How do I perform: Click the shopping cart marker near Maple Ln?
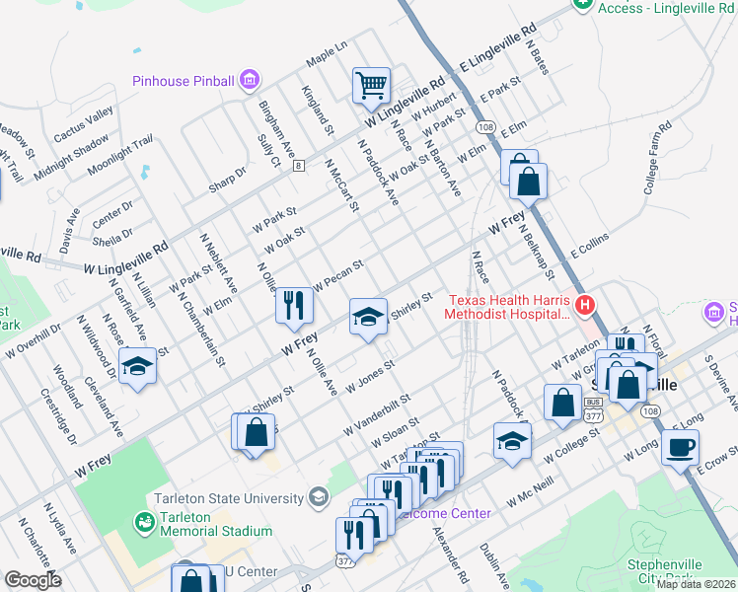click(371, 85)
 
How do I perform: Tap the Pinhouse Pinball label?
click(184, 81)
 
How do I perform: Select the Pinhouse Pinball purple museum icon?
click(250, 79)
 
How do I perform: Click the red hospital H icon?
click(585, 305)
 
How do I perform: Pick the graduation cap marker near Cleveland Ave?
click(138, 366)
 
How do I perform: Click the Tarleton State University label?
click(229, 495)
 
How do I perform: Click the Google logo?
click(33, 580)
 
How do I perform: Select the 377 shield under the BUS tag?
click(593, 415)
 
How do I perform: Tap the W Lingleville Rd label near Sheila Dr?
click(126, 259)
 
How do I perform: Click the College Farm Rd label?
click(657, 158)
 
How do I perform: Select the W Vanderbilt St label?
click(375, 415)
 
